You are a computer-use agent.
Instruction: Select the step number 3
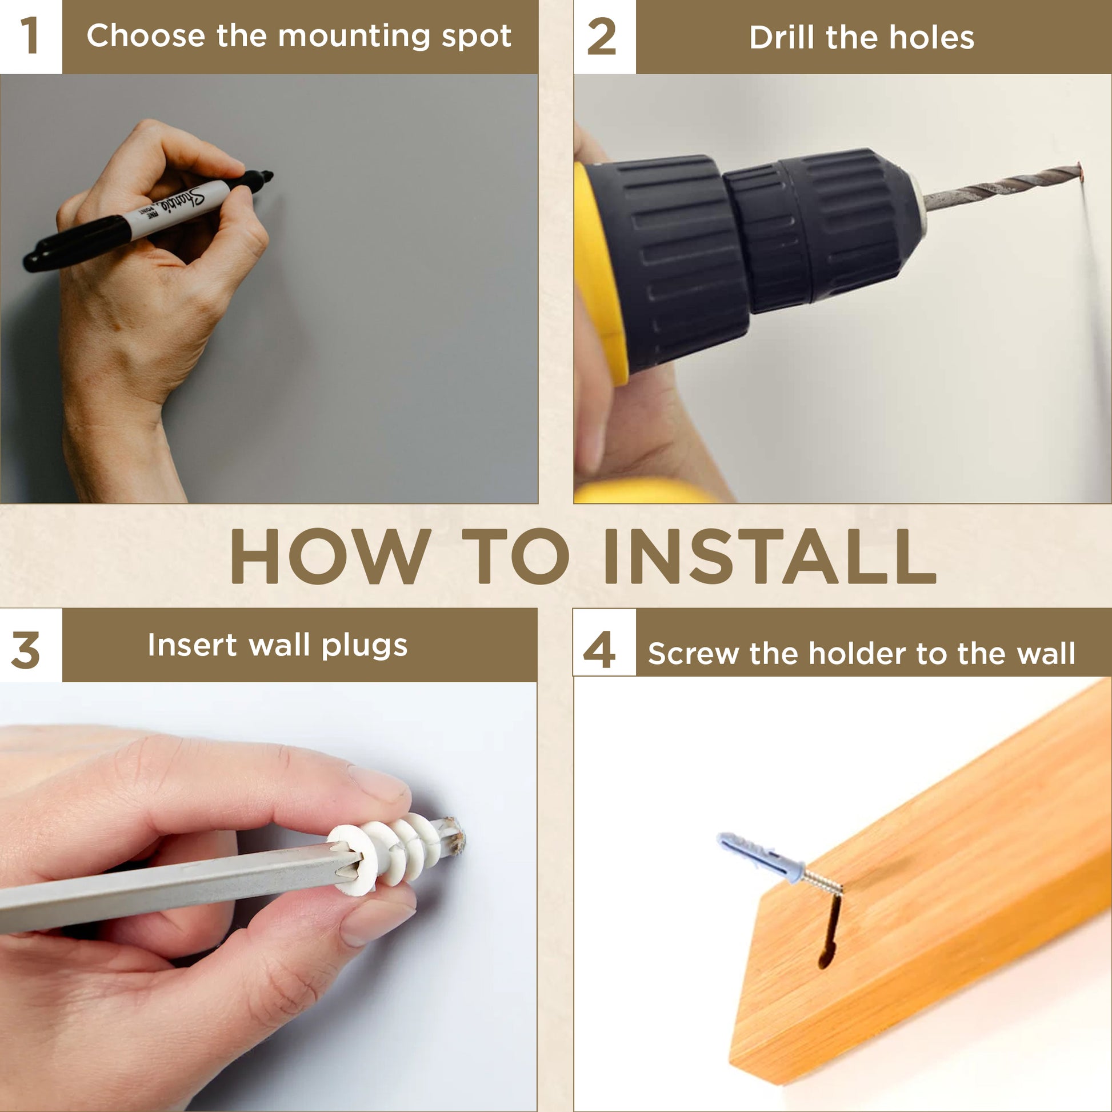pos(26,650)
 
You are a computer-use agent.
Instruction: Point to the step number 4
pos(599,650)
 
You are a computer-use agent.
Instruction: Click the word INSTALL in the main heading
pos(770,556)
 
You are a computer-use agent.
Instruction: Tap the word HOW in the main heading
pos(331,556)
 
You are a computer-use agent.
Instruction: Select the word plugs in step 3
pos(365,646)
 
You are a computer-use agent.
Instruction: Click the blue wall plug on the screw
pos(761,856)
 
